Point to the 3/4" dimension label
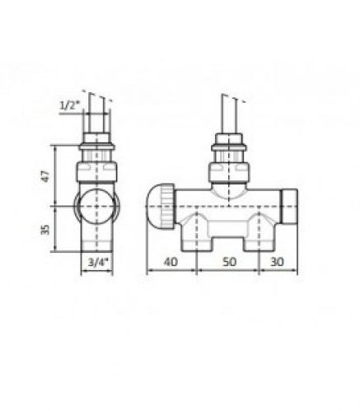pos(98,264)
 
